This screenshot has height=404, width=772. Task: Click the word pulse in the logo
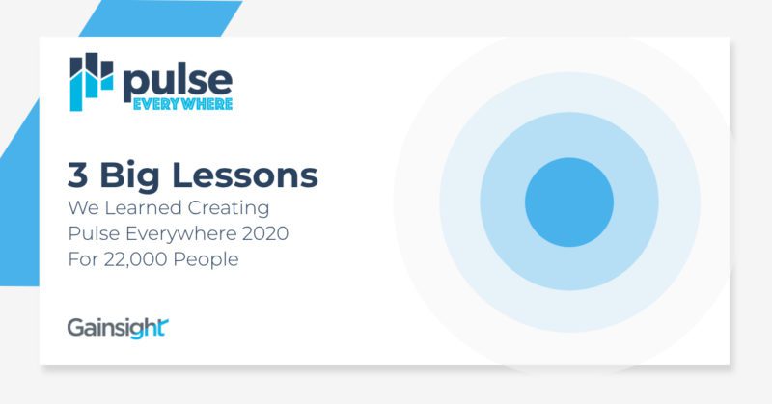(176, 80)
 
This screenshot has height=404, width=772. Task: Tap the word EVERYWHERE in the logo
(178, 102)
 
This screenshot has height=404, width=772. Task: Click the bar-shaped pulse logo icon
(92, 81)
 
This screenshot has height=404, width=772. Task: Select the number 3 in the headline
(78, 175)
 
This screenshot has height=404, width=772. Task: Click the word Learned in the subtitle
(145, 207)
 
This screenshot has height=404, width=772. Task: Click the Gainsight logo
(118, 327)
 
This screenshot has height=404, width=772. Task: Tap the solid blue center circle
(569, 202)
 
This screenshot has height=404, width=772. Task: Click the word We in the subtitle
(85, 207)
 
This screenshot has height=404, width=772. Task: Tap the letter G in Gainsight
(76, 327)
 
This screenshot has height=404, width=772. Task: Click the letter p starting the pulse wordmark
(135, 84)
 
